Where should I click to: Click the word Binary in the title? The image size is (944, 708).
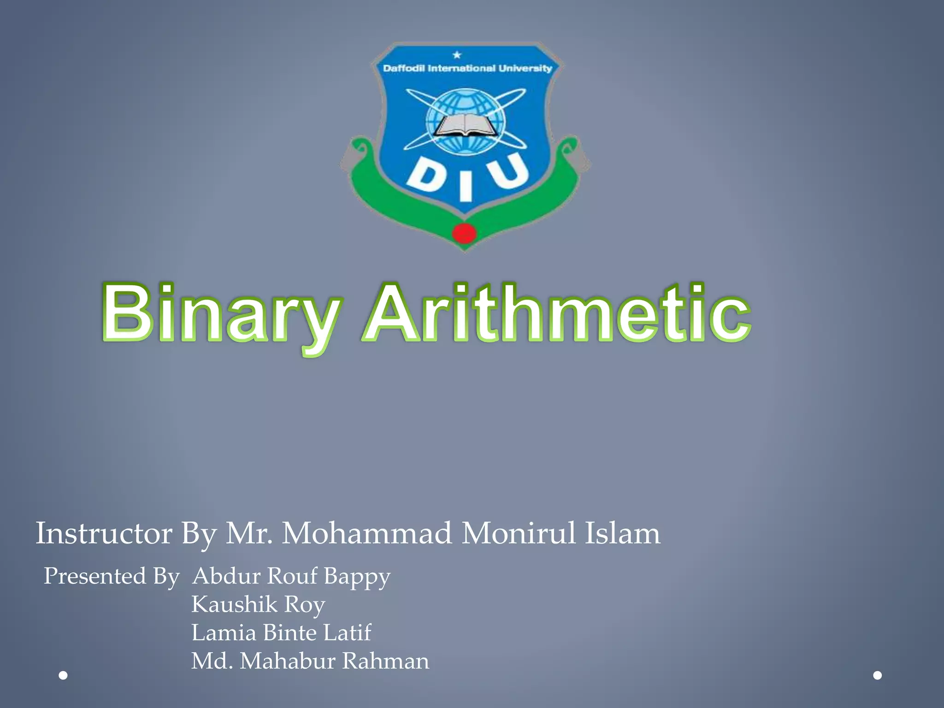point(220,314)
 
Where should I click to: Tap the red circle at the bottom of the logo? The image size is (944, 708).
point(464,234)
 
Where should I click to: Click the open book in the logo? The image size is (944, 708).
point(466,125)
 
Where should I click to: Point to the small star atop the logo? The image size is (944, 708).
point(457,55)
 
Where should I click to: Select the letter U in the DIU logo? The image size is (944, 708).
point(509,171)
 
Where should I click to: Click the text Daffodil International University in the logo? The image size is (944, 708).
point(467,69)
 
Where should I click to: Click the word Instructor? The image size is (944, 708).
point(104,534)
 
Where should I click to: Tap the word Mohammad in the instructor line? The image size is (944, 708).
point(367,534)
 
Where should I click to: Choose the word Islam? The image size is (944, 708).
point(622,534)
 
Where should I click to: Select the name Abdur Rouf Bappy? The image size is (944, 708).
point(291,576)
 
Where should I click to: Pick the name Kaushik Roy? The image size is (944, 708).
point(258,604)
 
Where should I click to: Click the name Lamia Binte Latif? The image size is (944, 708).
point(281,632)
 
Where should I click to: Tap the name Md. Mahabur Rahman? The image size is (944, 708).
point(310,661)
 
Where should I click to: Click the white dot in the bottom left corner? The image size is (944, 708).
point(64,675)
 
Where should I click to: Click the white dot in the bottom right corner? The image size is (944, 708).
point(878,675)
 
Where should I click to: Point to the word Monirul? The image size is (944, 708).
point(519,534)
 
